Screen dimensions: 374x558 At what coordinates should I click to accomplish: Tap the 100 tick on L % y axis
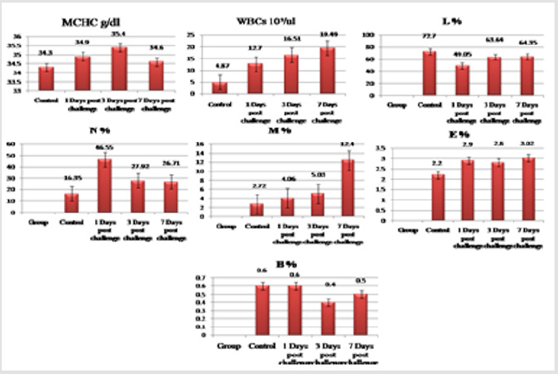(x=368, y=35)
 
